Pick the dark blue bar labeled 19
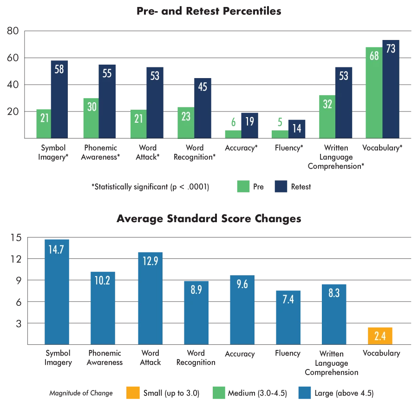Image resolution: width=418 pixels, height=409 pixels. [250, 125]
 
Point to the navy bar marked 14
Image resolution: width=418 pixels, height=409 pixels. [297, 128]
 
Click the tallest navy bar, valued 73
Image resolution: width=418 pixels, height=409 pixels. [390, 88]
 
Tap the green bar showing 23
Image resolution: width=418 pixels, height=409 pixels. [185, 122]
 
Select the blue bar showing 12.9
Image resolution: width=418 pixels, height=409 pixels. [150, 297]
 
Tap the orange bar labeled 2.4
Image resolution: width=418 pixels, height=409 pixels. [380, 336]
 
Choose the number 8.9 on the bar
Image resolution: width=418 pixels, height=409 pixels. [196, 290]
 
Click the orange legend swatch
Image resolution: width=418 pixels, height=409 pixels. [133, 393]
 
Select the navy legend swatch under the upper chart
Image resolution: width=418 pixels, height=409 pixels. [281, 186]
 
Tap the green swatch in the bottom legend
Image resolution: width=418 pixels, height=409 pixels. [220, 393]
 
